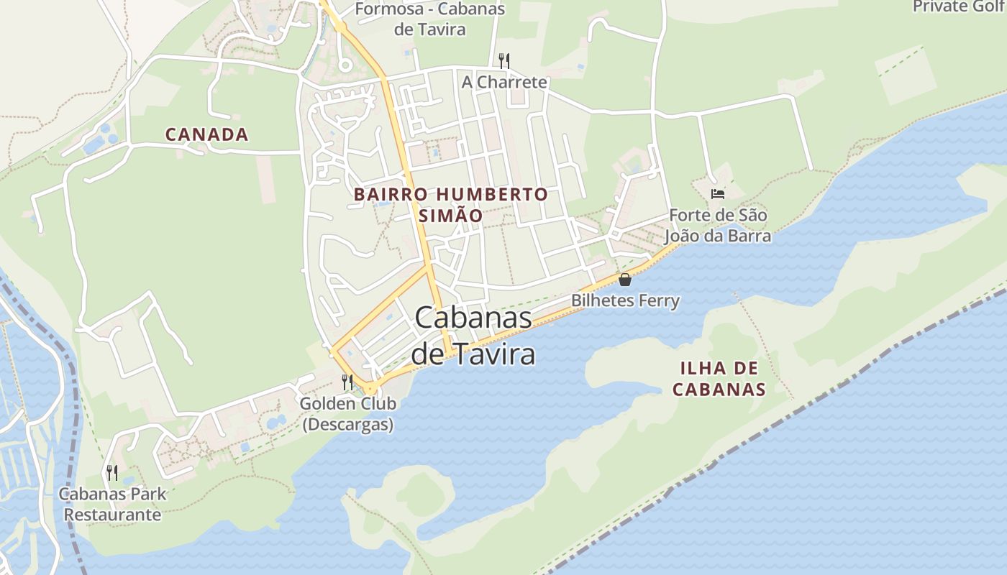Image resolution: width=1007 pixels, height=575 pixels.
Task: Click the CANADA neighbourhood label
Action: pyautogui.click(x=206, y=134)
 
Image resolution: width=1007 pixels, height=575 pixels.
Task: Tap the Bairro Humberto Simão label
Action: pyautogui.click(x=450, y=205)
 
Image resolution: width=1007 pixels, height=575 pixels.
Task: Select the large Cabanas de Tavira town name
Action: pyautogui.click(x=473, y=336)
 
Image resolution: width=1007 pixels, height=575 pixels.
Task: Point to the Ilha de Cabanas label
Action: pyautogui.click(x=719, y=379)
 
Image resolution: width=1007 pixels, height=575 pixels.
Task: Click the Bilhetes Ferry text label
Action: pyautogui.click(x=625, y=300)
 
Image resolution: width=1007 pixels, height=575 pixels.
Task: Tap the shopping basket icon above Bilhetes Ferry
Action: pyautogui.click(x=624, y=280)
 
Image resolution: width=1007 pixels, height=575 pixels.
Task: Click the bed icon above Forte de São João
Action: pyautogui.click(x=717, y=193)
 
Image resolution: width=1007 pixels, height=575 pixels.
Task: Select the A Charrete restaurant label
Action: pyautogui.click(x=504, y=82)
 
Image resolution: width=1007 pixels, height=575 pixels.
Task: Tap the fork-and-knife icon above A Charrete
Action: pyautogui.click(x=504, y=60)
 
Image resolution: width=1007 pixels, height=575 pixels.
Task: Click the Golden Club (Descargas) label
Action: pyautogui.click(x=347, y=414)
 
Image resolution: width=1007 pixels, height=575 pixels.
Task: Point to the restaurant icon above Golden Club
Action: pyautogui.click(x=348, y=382)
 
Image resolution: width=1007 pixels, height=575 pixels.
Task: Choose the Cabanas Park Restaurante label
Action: pyautogui.click(x=112, y=504)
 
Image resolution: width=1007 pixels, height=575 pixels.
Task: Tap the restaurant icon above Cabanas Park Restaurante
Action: pyautogui.click(x=112, y=472)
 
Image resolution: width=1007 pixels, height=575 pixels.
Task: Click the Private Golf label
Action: pyautogui.click(x=960, y=6)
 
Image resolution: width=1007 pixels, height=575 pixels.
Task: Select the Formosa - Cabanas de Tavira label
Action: pyautogui.click(x=430, y=19)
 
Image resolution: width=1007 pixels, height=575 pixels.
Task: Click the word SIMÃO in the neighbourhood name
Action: pyautogui.click(x=450, y=216)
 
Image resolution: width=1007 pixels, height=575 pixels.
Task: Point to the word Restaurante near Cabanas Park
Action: pyautogui.click(x=112, y=515)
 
